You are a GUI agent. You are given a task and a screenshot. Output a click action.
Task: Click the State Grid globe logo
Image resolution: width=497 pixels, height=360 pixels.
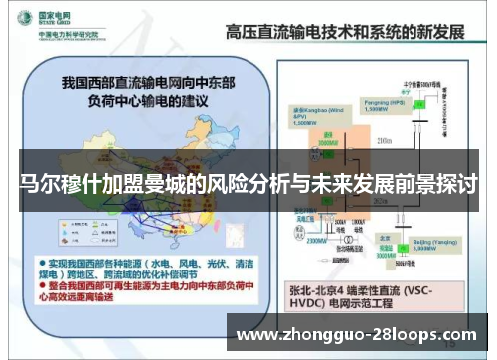coord(21,22)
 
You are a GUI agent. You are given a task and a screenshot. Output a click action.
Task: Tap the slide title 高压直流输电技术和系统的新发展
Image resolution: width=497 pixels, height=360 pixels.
coord(345,30)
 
